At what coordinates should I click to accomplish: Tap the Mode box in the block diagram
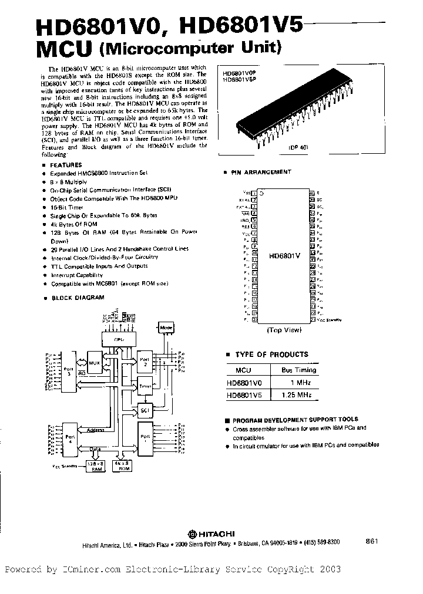167,328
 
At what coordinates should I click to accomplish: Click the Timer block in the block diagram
145,386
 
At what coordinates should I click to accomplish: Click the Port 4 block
70,437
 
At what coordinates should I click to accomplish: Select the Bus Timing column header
298,370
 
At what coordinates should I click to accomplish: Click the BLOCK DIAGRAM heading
78,298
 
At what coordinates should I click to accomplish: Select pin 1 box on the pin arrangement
254,193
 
